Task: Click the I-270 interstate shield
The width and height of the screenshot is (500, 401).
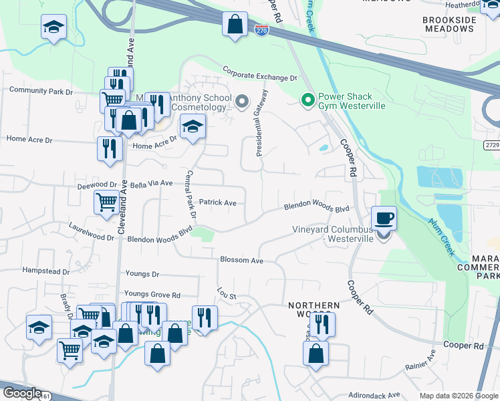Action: pos(261,29)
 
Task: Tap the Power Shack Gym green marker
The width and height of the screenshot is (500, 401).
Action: pos(307,101)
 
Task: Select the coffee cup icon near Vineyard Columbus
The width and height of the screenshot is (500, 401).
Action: pos(384,218)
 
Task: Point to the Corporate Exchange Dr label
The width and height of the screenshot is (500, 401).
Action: pos(259,74)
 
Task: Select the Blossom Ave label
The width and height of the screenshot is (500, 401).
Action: pos(242,259)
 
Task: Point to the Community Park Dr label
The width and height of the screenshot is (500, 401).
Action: pos(40,91)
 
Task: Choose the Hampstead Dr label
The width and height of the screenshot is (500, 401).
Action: pos(46,271)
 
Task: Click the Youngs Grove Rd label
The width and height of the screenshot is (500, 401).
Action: pos(152,295)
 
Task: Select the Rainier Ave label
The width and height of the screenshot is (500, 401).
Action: pos(420,366)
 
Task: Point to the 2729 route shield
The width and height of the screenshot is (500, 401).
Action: pos(491,144)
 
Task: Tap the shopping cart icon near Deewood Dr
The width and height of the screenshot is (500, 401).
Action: pos(107,201)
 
